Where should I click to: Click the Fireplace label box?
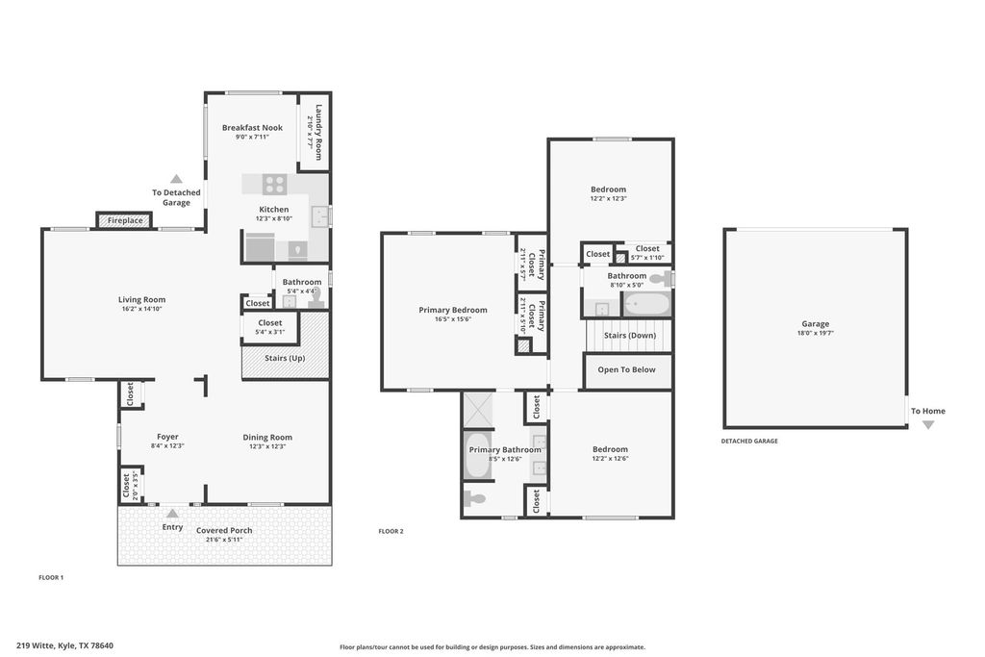pos(125,220)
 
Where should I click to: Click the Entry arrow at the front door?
pos(173,515)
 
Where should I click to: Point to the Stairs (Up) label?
pos(285,358)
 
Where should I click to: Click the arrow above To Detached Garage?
pos(177,179)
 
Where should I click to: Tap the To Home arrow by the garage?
pos(928,424)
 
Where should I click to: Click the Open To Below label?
pos(626,369)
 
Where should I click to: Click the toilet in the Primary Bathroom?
pos(475,498)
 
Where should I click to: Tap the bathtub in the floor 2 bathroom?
pos(645,306)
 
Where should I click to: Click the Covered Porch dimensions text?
pos(224,540)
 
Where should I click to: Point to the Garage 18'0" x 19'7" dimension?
pos(815,333)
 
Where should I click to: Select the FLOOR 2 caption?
pos(391,531)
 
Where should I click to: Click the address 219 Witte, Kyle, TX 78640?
pos(64,645)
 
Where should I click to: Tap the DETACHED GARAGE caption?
pos(749,441)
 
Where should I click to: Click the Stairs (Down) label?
pos(629,335)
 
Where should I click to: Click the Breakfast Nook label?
pos(252,127)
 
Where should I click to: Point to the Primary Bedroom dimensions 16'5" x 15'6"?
pos(452,319)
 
